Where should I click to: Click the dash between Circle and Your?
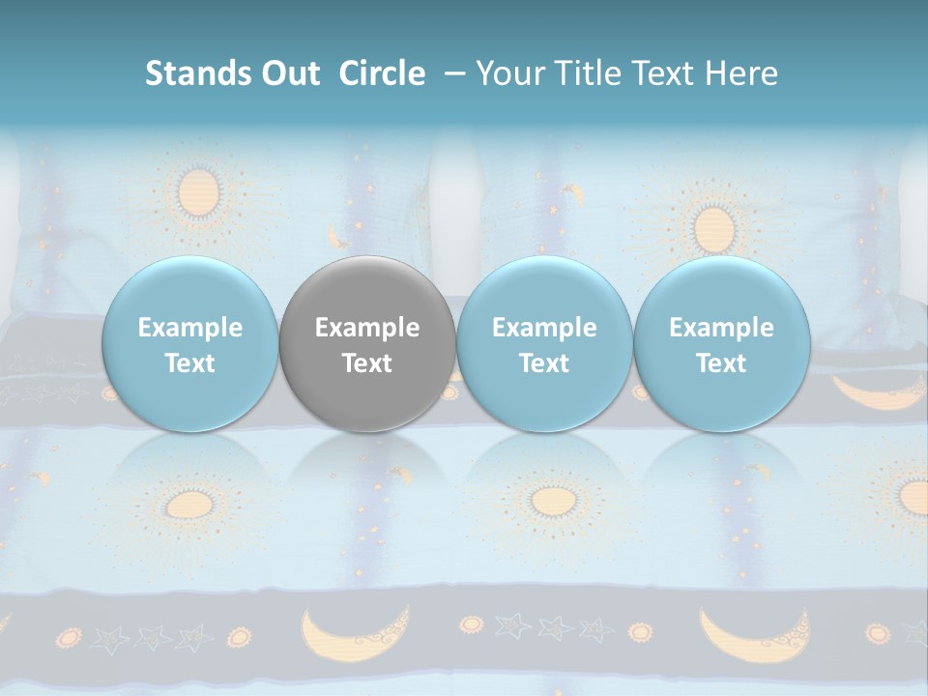point(451,73)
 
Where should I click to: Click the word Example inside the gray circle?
point(366,328)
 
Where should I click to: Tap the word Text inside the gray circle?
point(366,363)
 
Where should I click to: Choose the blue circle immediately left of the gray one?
point(189,344)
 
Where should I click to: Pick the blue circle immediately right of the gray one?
point(543,344)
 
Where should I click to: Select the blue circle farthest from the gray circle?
point(721,344)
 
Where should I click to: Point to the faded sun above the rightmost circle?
point(713,228)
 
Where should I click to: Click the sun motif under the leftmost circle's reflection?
point(184,504)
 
